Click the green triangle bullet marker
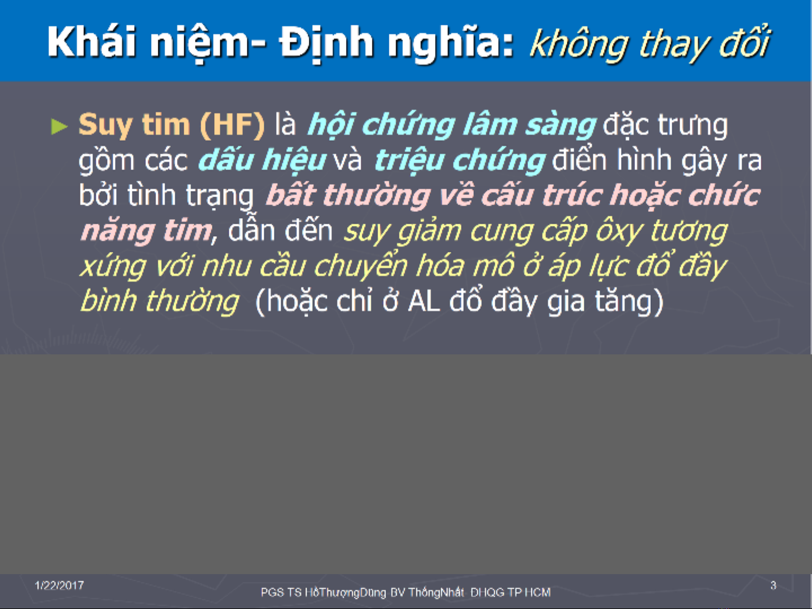59,126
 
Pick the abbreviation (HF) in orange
232,125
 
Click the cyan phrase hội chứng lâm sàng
452,125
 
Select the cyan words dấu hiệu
262,160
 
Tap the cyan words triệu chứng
459,160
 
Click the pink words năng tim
147,231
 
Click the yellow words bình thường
159,300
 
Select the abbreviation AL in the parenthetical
424,301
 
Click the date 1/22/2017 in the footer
59,585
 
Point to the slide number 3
773,585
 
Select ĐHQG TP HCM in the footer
511,592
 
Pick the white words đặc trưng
665,126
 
